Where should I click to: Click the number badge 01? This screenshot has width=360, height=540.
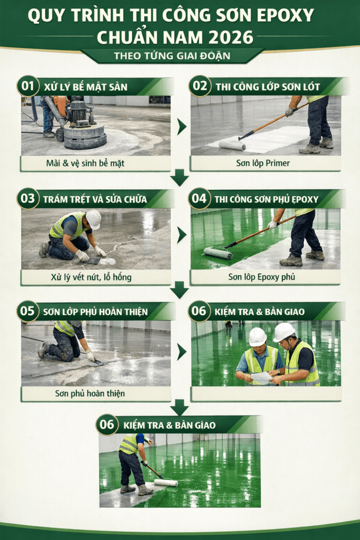click(x=28, y=86)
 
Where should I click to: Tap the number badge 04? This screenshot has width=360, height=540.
click(x=199, y=198)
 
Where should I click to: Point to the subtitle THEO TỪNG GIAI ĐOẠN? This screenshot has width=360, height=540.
click(x=172, y=56)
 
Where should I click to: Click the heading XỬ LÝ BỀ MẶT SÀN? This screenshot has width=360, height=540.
click(x=86, y=87)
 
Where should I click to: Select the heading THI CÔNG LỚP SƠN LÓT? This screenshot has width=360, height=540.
click(x=268, y=87)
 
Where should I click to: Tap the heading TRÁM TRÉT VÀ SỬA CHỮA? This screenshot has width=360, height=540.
click(x=95, y=199)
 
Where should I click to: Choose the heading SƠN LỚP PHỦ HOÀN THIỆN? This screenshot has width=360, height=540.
click(x=95, y=312)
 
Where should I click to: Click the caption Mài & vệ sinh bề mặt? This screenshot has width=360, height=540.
click(x=85, y=163)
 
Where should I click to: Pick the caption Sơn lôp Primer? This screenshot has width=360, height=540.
click(x=263, y=163)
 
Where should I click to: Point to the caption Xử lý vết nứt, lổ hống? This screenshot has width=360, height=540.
click(x=91, y=277)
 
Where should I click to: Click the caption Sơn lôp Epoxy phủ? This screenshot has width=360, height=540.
click(x=261, y=277)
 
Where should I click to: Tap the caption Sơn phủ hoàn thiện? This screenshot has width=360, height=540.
click(x=90, y=393)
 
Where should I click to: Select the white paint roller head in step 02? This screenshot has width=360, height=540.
click(x=232, y=146)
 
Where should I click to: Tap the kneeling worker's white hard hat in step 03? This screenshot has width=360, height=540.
click(x=93, y=219)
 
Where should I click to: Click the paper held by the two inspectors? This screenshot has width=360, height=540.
click(x=261, y=378)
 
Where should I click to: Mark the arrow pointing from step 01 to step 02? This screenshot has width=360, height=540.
click(x=181, y=127)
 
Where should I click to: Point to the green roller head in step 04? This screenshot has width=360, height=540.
click(x=218, y=254)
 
